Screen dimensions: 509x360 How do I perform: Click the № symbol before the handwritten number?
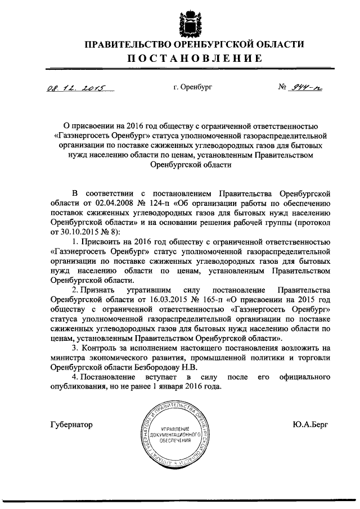[x=283, y=88]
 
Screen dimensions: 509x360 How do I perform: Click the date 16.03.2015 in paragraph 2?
[x=169, y=299]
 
